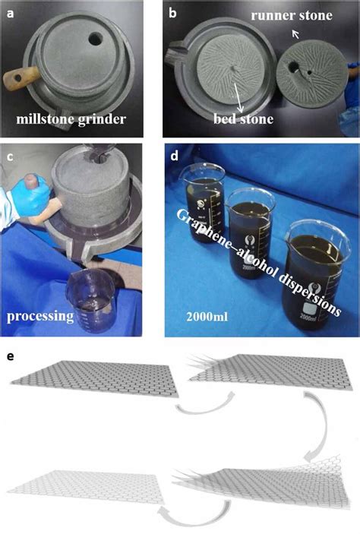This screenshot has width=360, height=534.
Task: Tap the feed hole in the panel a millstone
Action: (99, 36)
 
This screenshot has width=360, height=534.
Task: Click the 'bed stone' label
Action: (242, 120)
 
